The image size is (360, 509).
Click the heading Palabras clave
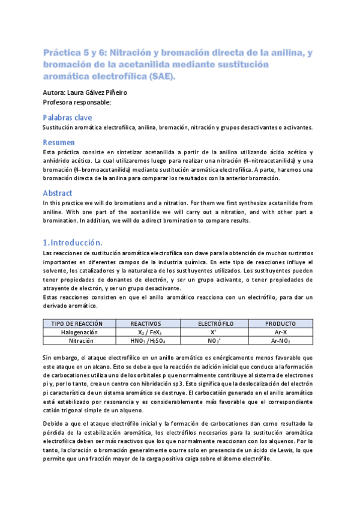pos(67,118)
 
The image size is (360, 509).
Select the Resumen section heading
pos(59,142)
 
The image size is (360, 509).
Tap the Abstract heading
pos(58,193)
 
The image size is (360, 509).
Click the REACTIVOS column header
pos(146,324)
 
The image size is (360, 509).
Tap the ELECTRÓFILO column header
pos(214,324)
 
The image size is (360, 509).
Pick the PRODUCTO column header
pos(281,324)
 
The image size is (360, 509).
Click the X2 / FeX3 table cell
pos(147,332)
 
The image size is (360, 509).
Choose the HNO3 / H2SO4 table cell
pos(147,340)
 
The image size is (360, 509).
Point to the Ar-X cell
pos(281,332)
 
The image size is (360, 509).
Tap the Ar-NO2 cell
pos(281,340)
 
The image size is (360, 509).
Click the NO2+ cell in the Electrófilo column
pos(214,340)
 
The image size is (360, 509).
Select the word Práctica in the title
pos(62,53)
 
